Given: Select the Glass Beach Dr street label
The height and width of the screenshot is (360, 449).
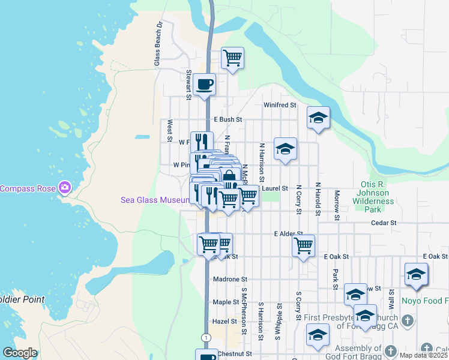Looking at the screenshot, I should (158, 44).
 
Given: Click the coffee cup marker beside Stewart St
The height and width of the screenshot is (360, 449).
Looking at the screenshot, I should (204, 84).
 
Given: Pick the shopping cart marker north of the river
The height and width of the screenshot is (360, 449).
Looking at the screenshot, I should (232, 58).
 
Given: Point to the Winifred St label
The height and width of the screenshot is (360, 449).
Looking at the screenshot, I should (280, 105).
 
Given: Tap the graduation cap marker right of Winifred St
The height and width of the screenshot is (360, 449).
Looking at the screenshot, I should (319, 118).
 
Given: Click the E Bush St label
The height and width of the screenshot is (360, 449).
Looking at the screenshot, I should (227, 120).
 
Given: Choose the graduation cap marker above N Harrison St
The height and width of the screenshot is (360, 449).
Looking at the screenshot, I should (285, 149).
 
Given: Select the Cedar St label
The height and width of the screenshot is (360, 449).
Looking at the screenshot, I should (384, 223).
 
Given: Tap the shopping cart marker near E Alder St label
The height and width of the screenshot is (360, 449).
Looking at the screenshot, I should (304, 245).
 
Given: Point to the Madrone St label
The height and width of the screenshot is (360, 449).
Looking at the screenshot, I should (230, 280).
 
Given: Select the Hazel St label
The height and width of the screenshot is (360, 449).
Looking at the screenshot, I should (224, 322).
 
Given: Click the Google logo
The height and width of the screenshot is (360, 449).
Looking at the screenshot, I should (20, 353).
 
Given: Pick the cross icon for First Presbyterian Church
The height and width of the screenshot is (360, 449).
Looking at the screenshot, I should (408, 320).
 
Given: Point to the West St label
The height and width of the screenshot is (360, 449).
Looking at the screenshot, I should (170, 127).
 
